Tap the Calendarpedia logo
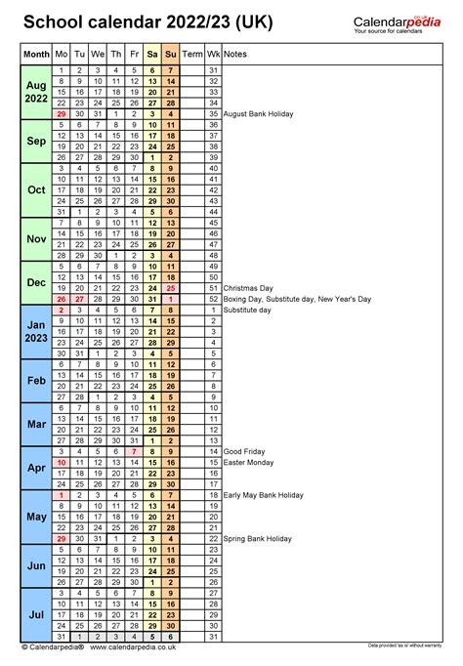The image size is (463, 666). click(x=396, y=21)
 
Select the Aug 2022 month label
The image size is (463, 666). click(x=36, y=92)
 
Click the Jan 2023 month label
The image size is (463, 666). click(x=36, y=332)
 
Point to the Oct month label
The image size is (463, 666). click(x=36, y=189)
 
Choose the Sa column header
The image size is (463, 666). click(x=152, y=54)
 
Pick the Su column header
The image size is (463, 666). click(x=171, y=54)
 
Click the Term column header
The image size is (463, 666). click(x=192, y=54)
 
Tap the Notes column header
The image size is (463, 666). click(x=234, y=54)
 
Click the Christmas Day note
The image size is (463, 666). click(x=249, y=288)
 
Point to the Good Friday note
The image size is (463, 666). click(x=244, y=451)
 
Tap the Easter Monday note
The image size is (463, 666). click(x=248, y=462)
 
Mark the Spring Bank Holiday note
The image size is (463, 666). click(x=258, y=538)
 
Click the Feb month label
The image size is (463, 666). click(x=36, y=381)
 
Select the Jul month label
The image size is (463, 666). click(x=36, y=614)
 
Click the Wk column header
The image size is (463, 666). click(x=213, y=54)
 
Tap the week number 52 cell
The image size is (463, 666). click(x=213, y=299)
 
